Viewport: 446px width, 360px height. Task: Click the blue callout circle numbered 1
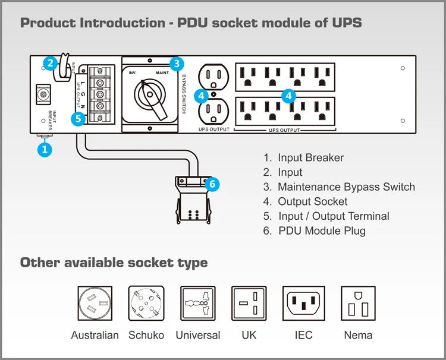tap(45, 150)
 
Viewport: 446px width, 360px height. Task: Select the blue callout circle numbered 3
tap(175, 64)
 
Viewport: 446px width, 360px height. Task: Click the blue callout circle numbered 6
tap(212, 184)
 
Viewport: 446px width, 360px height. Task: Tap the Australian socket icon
tap(95, 303)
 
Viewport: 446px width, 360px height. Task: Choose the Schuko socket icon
tap(146, 303)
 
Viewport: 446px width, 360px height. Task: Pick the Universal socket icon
tap(197, 303)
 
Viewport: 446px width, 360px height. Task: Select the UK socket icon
tap(249, 303)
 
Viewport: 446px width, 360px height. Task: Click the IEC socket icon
tap(303, 303)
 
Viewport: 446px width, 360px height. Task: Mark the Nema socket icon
tap(358, 303)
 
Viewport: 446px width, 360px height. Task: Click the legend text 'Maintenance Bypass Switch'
tap(346, 187)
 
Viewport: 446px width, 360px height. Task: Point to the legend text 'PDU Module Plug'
tap(322, 231)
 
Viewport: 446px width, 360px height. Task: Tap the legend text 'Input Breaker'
tap(310, 158)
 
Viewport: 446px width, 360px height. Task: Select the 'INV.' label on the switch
tap(133, 73)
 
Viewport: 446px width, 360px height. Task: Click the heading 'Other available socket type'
tap(114, 263)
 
